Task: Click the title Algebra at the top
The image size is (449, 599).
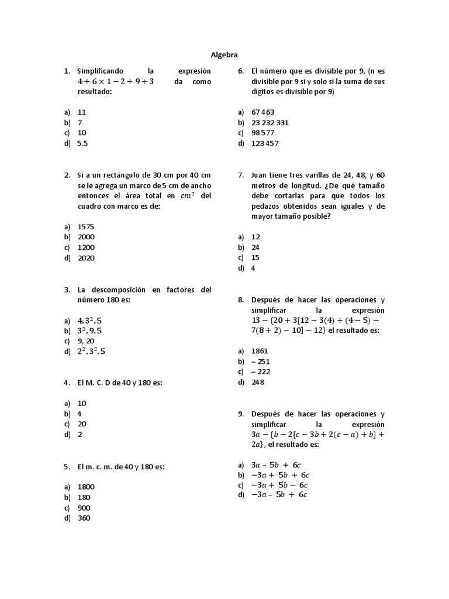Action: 224,54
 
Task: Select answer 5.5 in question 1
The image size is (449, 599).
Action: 82,143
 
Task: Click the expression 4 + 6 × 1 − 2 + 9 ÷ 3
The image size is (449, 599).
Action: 115,82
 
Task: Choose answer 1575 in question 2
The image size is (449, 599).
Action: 86,226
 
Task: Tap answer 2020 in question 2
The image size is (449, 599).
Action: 86,258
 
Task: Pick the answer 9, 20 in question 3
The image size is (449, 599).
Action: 85,341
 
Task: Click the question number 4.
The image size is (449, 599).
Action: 67,383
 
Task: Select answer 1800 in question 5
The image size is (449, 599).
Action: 86,487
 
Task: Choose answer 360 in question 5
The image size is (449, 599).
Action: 84,518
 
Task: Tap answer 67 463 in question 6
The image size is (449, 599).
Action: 263,112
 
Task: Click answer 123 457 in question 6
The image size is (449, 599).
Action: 265,144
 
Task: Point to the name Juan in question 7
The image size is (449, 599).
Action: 260,175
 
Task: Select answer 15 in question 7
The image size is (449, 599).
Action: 255,258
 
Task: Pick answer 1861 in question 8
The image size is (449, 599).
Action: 260,351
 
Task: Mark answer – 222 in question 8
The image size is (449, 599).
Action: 261,372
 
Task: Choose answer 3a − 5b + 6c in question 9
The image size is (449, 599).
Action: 275,465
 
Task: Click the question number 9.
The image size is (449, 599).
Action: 240,414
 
